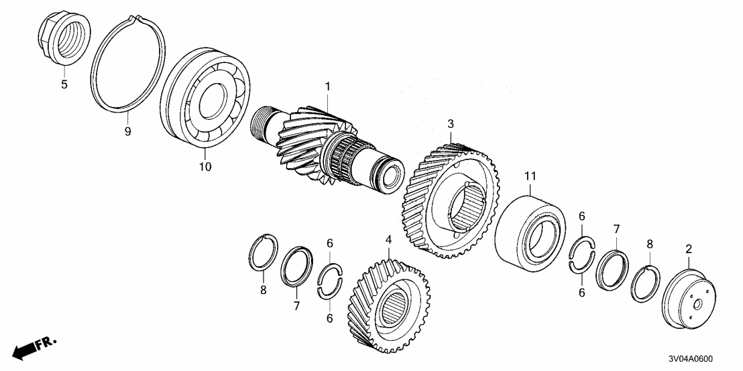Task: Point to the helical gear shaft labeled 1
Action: pyautogui.click(x=322, y=147)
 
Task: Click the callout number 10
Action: pyautogui.click(x=205, y=166)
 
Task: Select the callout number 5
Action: pyautogui.click(x=65, y=85)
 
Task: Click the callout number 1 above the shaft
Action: pyautogui.click(x=328, y=86)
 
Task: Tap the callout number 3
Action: pyautogui.click(x=451, y=123)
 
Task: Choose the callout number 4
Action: pyautogui.click(x=388, y=238)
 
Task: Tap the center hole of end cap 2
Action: pyautogui.click(x=698, y=303)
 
